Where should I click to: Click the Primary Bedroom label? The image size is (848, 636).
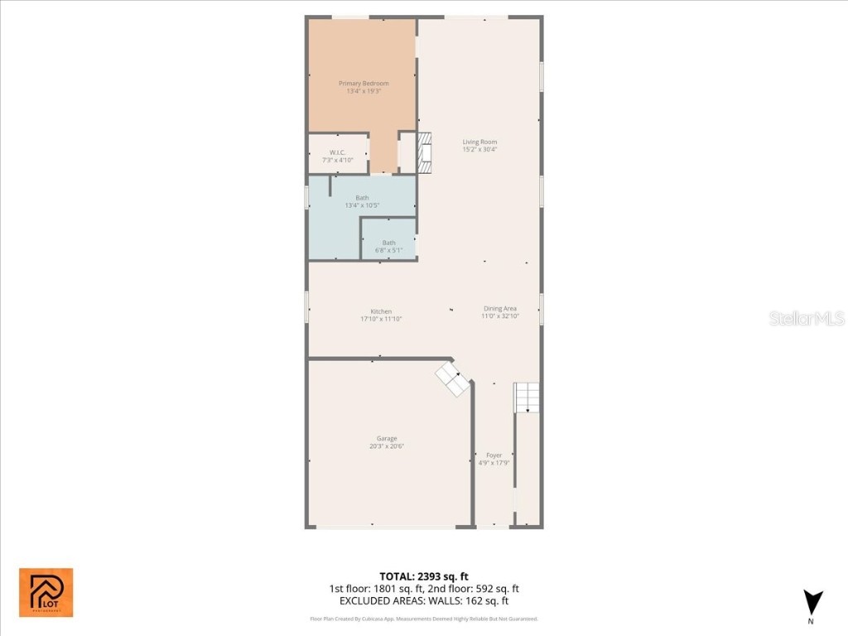(x=364, y=84)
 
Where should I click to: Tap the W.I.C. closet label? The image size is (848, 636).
(x=337, y=152)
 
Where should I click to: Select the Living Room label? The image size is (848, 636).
(x=479, y=142)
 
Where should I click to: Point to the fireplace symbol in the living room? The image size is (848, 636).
(x=425, y=152)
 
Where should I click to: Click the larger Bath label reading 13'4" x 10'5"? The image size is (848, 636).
(x=362, y=198)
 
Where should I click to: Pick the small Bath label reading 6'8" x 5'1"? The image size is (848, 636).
(x=388, y=243)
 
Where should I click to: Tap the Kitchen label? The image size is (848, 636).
(x=381, y=311)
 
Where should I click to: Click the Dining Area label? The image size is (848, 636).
(x=499, y=309)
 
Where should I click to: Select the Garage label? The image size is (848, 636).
(x=387, y=439)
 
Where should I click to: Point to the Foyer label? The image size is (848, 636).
(x=494, y=455)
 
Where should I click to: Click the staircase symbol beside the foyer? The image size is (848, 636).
(x=527, y=397)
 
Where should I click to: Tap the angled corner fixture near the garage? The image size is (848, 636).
(x=453, y=378)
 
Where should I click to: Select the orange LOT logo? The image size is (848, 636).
(x=46, y=592)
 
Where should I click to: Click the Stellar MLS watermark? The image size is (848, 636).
(x=807, y=318)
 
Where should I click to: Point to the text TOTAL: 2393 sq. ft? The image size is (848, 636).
(x=424, y=576)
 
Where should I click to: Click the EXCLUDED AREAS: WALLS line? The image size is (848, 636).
(x=424, y=601)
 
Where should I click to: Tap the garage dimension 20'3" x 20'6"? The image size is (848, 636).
(x=387, y=446)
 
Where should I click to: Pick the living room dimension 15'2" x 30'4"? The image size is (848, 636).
(x=479, y=149)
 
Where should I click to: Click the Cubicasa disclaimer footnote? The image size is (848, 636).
(x=424, y=619)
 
